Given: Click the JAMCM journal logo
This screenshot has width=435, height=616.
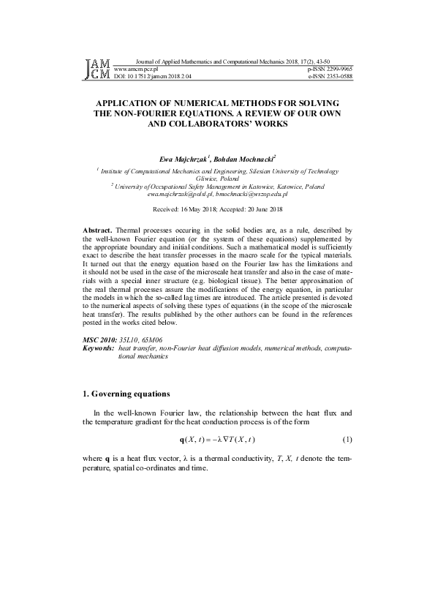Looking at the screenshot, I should click(x=97, y=69).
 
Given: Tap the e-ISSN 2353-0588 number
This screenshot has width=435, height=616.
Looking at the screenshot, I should click(x=330, y=75).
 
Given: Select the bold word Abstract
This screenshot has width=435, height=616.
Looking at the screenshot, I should click(x=98, y=230).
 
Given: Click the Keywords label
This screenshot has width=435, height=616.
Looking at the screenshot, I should click(x=99, y=350).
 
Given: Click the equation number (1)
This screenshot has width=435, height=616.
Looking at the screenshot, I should click(x=347, y=440).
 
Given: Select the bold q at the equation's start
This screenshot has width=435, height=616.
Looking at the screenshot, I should click(x=182, y=440).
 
